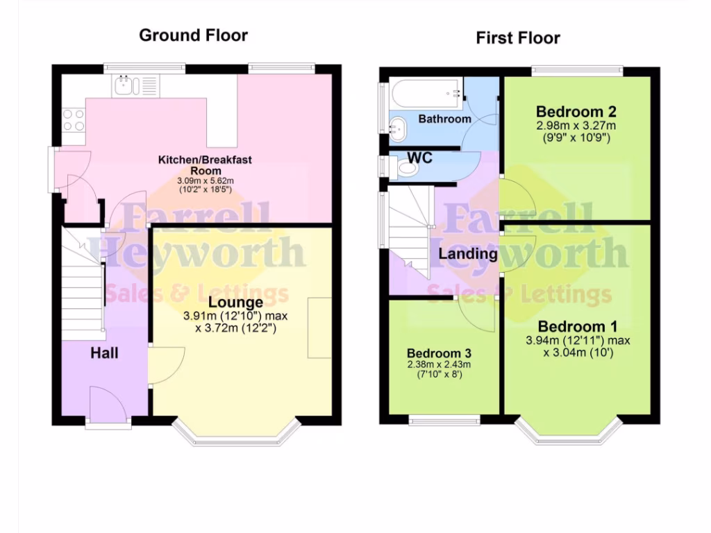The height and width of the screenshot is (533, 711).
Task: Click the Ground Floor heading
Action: (193, 35)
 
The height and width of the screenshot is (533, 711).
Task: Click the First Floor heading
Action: (518, 38)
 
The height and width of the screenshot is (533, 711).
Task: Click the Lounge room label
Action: (235, 303)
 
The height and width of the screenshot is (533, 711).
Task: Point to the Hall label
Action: (104, 353)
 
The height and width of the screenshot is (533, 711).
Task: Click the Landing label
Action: (468, 254)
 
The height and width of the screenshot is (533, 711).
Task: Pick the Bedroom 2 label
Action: (576, 112)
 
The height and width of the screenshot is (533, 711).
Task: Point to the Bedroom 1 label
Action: (578, 326)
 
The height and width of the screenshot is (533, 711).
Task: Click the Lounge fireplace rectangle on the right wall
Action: (320, 328)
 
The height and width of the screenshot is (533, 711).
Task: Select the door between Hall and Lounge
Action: (167, 365)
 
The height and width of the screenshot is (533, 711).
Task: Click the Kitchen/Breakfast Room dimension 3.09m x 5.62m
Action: (205, 180)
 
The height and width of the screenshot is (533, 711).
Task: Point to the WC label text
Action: (419, 158)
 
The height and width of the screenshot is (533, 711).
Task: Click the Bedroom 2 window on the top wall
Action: (577, 70)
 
